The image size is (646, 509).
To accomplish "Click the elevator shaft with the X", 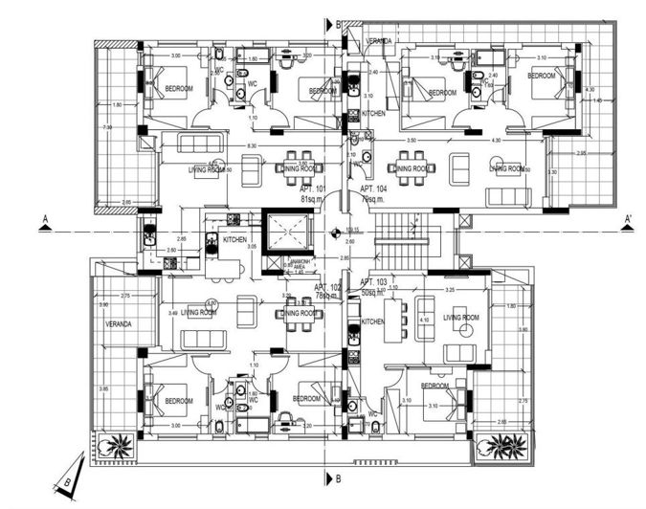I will [288, 233].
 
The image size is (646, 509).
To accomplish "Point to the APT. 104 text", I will [374, 190].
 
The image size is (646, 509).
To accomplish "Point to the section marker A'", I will [628, 219].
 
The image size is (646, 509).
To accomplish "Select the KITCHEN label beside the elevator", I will [234, 239].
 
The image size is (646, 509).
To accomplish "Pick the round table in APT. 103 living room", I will [467, 330].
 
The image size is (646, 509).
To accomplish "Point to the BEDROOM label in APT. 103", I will [434, 386].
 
